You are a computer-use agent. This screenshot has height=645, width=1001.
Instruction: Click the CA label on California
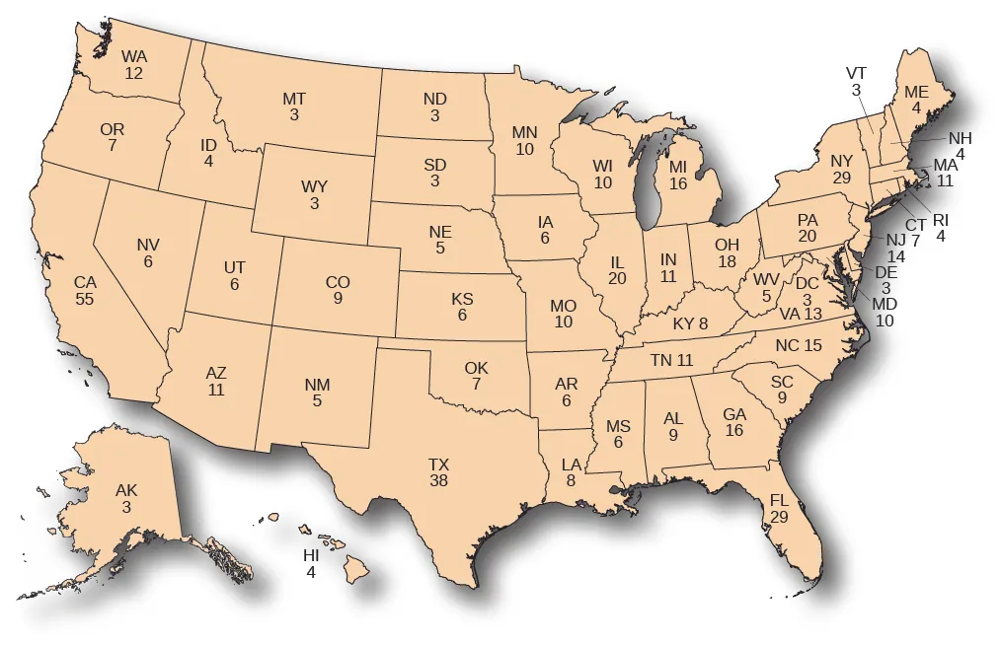[x=85, y=283]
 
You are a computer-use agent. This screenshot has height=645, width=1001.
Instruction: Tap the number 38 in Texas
[x=439, y=480]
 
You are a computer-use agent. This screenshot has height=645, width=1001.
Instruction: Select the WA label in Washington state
[x=134, y=57]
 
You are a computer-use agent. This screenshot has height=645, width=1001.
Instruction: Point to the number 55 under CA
[x=85, y=299]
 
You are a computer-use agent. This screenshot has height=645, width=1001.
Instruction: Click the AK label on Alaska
[x=126, y=490]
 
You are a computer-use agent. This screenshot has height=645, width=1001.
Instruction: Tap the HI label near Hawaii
[x=311, y=555]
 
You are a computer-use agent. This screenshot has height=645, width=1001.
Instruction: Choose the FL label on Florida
[x=779, y=501]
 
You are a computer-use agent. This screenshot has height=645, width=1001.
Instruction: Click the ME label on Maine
[x=917, y=93]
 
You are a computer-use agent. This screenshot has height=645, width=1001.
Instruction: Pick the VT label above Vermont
[x=856, y=74]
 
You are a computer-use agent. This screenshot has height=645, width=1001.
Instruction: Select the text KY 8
[x=690, y=323]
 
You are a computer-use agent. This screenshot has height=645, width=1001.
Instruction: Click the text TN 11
[x=672, y=361]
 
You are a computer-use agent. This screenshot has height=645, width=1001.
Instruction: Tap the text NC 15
[x=799, y=346]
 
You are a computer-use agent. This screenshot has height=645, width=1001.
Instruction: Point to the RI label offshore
[x=940, y=220]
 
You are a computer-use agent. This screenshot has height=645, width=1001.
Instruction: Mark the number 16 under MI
[x=678, y=182]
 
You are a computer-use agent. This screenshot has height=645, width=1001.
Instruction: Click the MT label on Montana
[x=294, y=99]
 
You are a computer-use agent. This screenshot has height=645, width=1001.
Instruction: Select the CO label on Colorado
[x=338, y=282]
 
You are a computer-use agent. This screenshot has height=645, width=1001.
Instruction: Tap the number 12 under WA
[x=134, y=73]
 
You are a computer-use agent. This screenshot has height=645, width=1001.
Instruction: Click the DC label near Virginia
[x=807, y=283]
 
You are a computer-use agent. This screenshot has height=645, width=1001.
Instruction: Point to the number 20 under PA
[x=807, y=237]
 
